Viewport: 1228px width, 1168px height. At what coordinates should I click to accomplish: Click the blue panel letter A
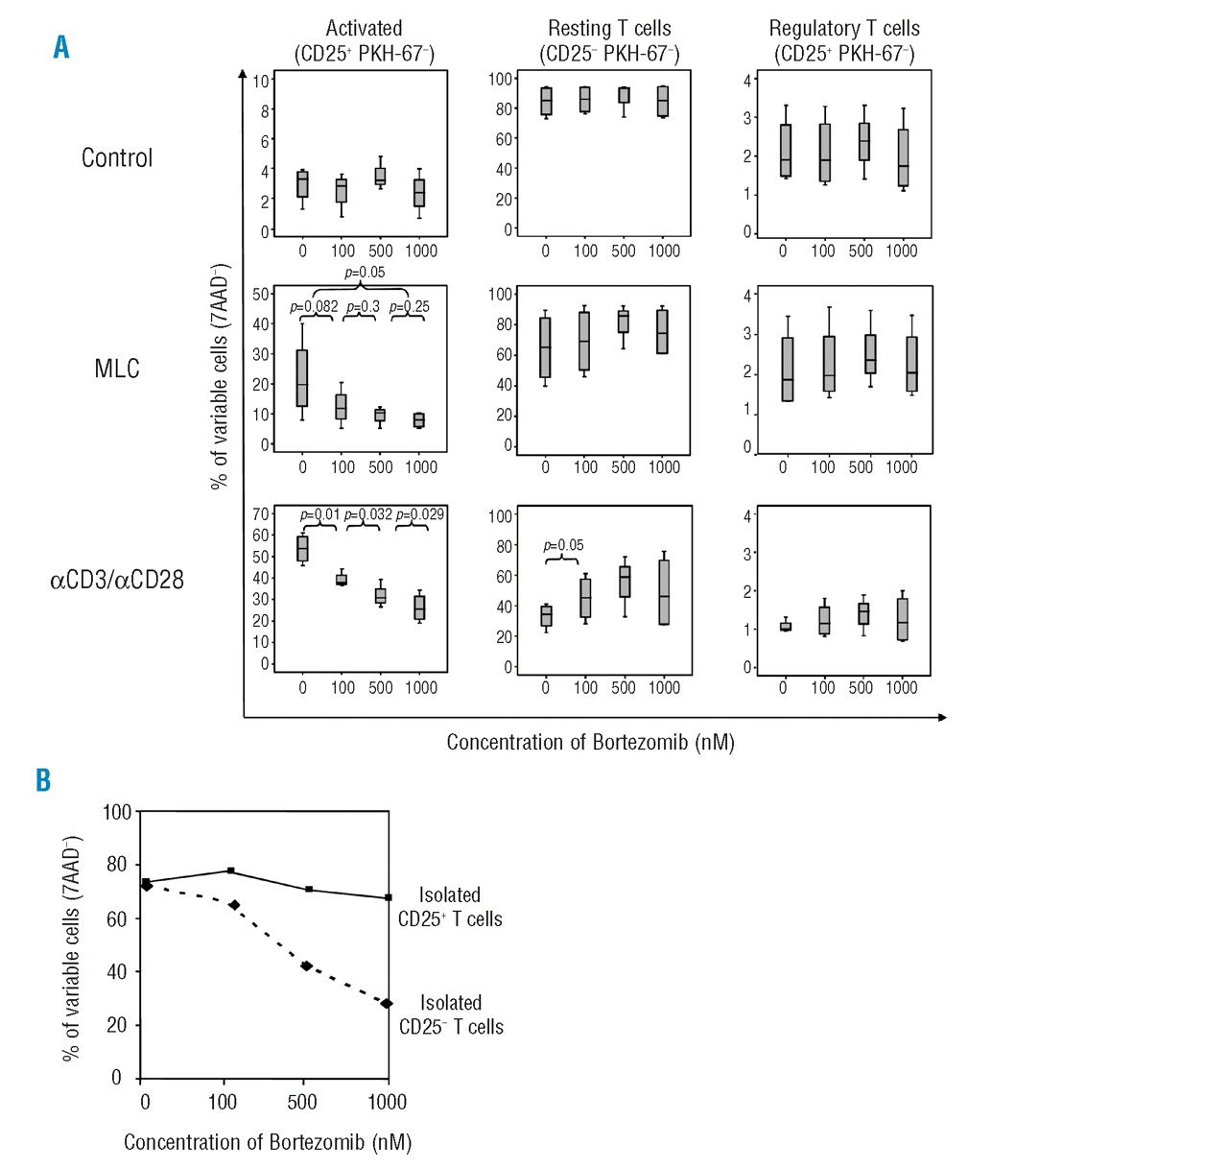(x=61, y=47)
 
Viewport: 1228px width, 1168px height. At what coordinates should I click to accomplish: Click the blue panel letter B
(x=43, y=780)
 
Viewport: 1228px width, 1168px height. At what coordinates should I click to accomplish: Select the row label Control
(x=117, y=158)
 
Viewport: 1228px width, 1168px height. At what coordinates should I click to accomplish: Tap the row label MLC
(x=117, y=369)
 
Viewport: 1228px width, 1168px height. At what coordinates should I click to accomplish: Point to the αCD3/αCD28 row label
(x=117, y=580)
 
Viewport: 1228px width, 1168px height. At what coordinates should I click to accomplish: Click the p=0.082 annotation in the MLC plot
(x=314, y=307)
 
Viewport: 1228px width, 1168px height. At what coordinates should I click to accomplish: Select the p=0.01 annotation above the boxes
(x=319, y=514)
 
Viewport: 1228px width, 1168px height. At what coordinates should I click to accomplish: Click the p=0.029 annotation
(x=420, y=514)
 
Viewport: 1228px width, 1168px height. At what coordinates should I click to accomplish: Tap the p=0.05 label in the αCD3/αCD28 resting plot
(x=563, y=545)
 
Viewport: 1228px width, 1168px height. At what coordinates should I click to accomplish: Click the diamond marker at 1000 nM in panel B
(x=387, y=1004)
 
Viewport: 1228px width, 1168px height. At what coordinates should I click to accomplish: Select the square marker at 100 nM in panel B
(x=230, y=870)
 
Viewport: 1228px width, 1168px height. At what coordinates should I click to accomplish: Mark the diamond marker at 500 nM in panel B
(x=306, y=965)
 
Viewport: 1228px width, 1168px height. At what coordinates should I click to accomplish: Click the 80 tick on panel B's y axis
(x=117, y=864)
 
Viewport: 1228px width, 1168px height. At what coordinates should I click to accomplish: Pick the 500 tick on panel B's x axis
(x=302, y=1102)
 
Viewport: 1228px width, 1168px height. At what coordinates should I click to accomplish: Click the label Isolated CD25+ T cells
(x=450, y=907)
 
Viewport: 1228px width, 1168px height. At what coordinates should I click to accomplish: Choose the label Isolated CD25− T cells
(x=451, y=1014)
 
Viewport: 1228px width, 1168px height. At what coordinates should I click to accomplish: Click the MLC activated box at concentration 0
(x=302, y=378)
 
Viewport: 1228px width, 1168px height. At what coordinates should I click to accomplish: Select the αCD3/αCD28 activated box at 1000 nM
(x=419, y=608)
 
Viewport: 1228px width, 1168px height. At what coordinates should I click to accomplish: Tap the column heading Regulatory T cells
(x=844, y=29)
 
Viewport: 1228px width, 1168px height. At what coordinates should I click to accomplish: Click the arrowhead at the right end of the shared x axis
(x=942, y=717)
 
